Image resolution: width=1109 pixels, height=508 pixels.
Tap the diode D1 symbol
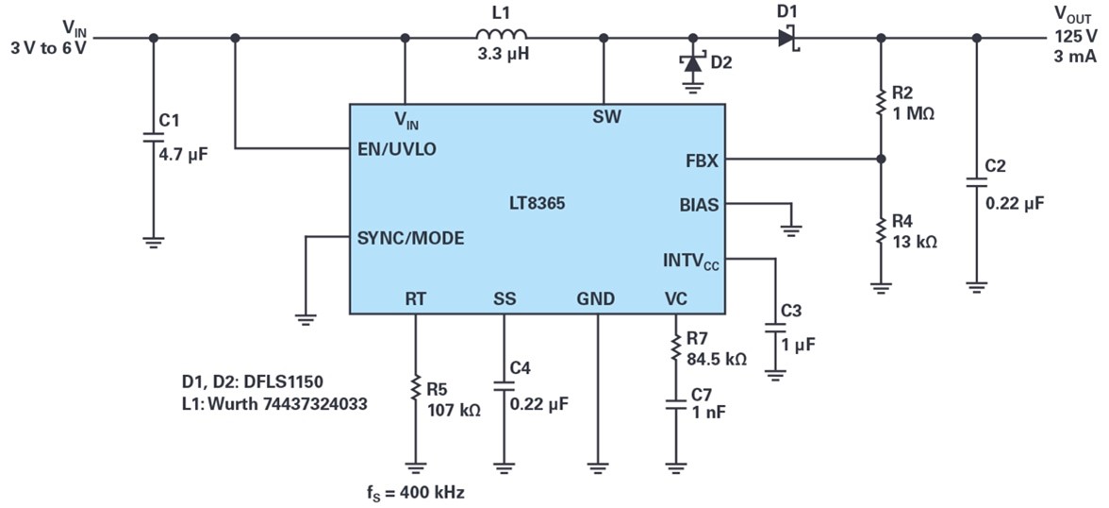coord(788,38)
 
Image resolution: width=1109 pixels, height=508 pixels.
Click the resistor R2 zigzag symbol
coord(881,102)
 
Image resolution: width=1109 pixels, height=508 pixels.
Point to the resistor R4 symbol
coord(881,229)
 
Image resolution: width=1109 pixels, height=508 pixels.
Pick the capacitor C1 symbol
coord(153,136)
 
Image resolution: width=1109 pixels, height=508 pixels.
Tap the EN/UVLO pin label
coord(398,149)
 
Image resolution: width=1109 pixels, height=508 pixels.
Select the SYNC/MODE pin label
coord(411,238)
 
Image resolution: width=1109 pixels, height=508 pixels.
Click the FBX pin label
coord(703,161)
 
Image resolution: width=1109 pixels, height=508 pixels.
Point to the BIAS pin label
coord(699,206)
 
